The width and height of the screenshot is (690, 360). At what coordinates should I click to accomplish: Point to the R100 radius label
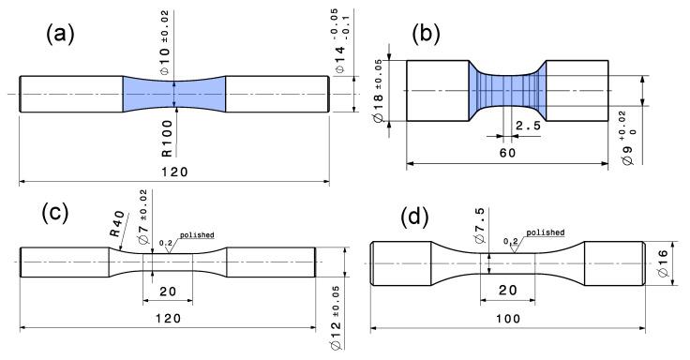pos(166,140)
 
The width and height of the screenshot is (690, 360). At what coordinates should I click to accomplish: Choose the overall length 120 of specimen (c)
pos(168,319)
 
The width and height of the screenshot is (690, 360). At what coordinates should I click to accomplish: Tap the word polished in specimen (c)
pos(195,234)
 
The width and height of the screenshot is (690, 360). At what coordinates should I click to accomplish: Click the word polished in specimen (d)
pos(545,231)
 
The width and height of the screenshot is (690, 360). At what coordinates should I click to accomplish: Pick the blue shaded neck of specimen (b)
pos(505,90)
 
